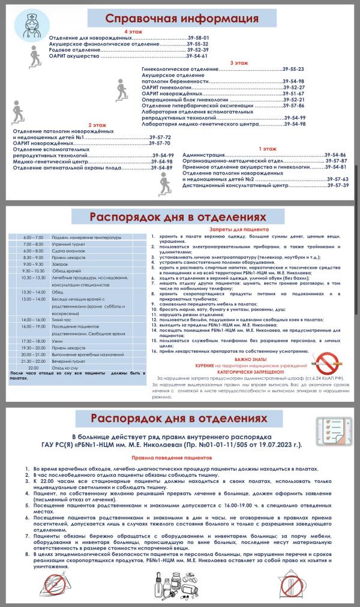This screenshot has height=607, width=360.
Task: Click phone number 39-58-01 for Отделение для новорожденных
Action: (198, 38)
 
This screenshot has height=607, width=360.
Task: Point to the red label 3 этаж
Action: (239, 63)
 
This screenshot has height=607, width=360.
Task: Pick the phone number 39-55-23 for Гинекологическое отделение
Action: (293, 70)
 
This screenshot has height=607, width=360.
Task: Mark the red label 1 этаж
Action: (268, 148)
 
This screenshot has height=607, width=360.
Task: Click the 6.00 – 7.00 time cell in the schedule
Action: (29, 238)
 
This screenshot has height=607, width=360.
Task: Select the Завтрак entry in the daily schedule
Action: (60, 264)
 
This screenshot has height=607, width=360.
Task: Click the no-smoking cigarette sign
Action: (325, 360)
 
